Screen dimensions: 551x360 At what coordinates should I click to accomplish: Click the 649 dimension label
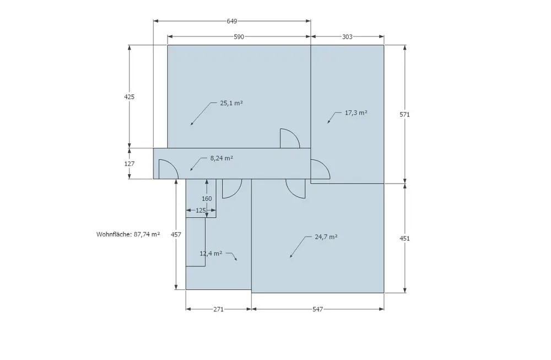[x=232, y=22]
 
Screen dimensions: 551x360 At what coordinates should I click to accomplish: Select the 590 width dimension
[x=239, y=37]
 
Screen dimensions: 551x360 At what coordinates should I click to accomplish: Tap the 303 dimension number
[x=347, y=37]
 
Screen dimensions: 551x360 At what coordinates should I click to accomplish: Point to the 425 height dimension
[x=129, y=96]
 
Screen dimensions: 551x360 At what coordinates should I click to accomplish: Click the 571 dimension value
[x=405, y=114]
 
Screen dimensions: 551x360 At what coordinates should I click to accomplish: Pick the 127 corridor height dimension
[x=129, y=164]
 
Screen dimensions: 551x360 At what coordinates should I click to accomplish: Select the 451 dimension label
[x=405, y=238]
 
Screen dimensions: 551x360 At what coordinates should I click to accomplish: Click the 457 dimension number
[x=176, y=234]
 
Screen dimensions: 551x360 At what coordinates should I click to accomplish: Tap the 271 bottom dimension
[x=219, y=309]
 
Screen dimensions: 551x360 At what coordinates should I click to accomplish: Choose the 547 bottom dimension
[x=318, y=309]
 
